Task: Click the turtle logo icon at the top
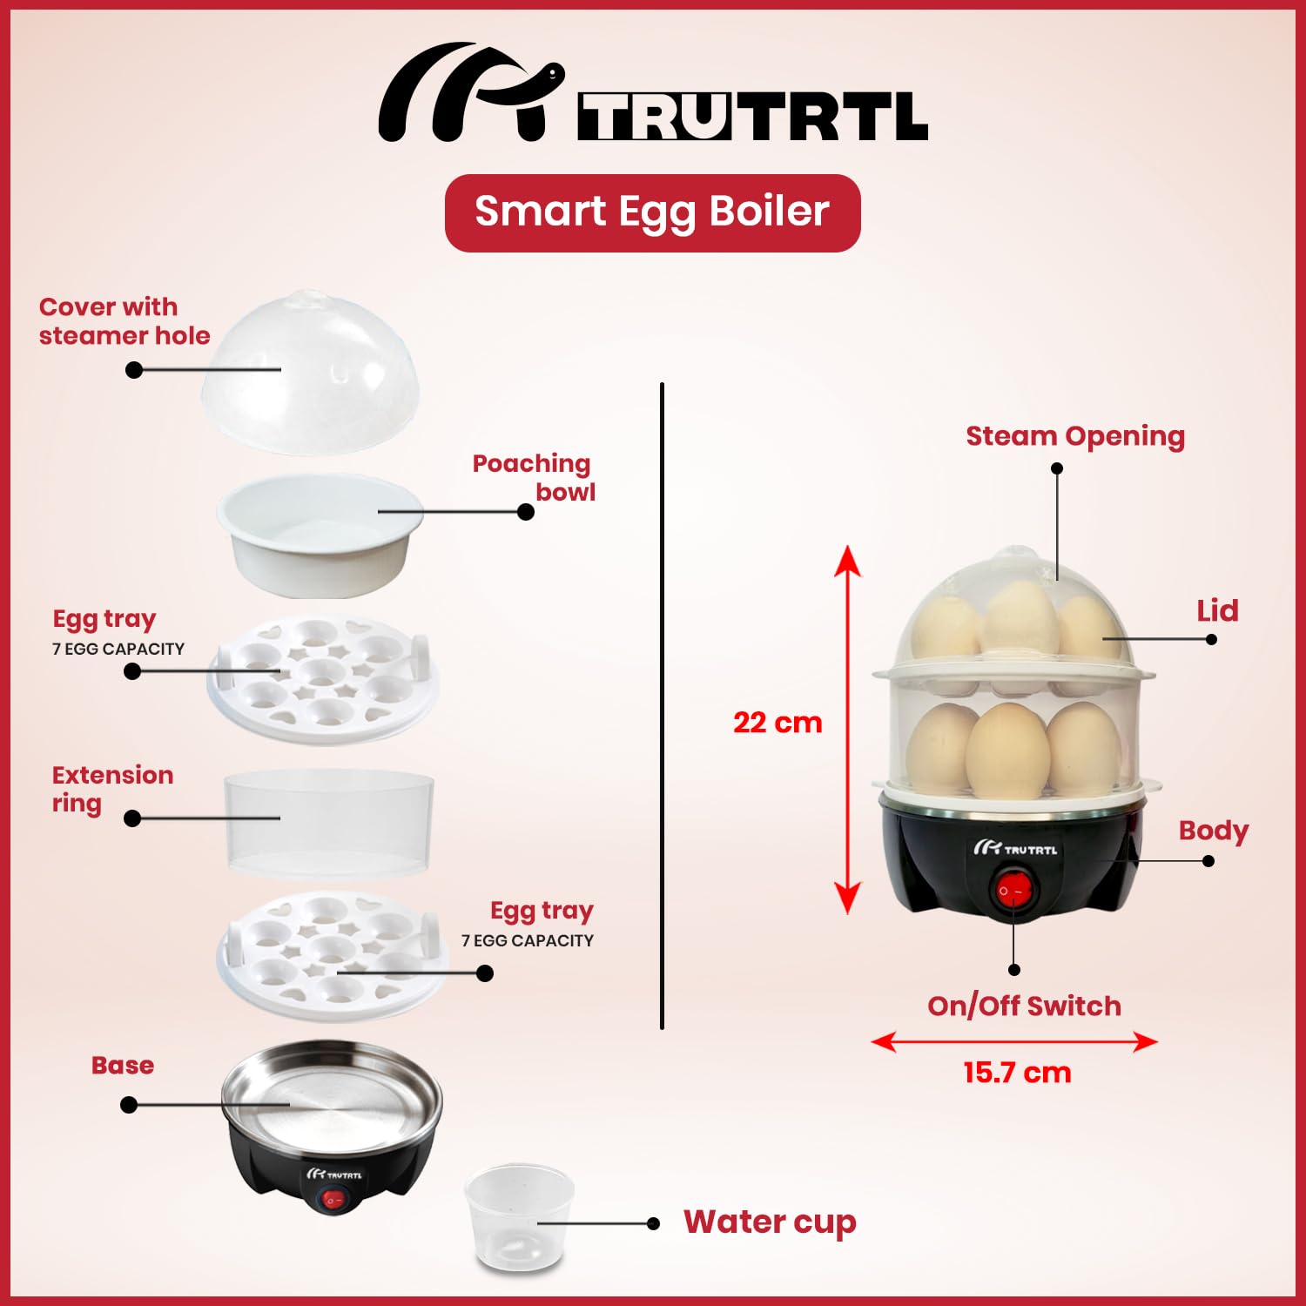[x=470, y=91]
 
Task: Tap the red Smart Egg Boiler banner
[x=652, y=213]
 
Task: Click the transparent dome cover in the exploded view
[x=310, y=372]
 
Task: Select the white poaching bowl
[x=320, y=535]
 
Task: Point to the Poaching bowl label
[x=534, y=477]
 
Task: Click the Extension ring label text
[x=112, y=789]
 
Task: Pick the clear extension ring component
[x=329, y=823]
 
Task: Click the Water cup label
[x=770, y=1222]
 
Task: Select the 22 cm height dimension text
[x=778, y=723]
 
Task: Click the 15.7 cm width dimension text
[x=1017, y=1073]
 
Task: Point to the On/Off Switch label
[x=1024, y=1006]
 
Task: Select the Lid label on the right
[x=1217, y=610]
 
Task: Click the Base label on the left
[x=123, y=1065]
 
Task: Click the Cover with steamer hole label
[x=125, y=321]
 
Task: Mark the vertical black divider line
[x=662, y=705]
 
